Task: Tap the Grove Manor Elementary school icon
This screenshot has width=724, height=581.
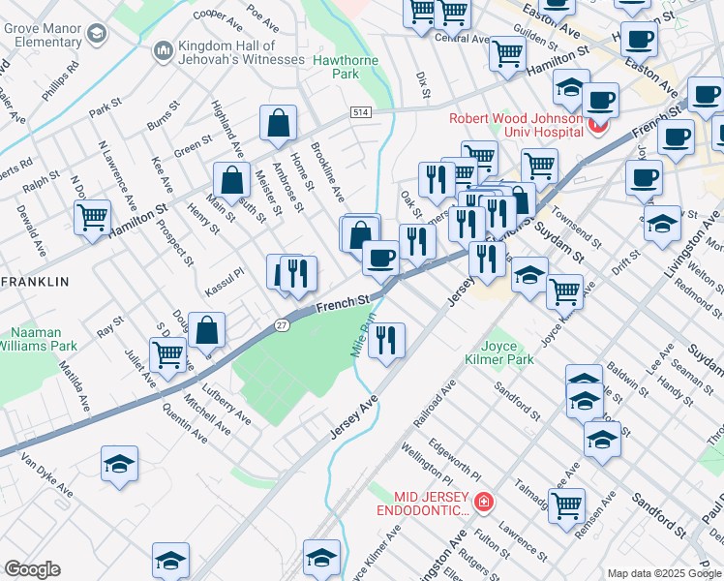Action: point(95,34)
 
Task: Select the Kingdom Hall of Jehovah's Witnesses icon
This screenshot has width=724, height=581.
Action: point(163,49)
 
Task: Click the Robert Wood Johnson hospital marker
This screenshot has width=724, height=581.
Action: point(601,126)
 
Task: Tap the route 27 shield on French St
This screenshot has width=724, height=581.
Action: point(282,324)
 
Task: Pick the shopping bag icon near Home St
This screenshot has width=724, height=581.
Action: point(278,122)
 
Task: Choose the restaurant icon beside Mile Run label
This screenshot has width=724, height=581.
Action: point(386,338)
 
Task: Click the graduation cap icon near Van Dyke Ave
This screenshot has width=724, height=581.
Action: point(119,463)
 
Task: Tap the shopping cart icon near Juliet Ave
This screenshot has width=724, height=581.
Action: point(168,354)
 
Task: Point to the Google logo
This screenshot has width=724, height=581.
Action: point(32,568)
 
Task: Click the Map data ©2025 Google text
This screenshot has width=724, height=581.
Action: point(663,573)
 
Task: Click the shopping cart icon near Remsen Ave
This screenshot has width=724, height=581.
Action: point(566,504)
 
